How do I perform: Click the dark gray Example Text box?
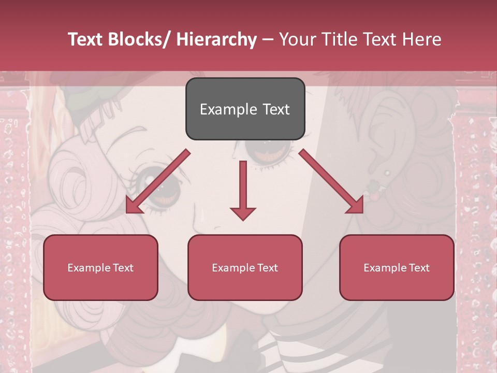tap(245, 109)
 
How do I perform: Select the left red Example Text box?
tap(100, 267)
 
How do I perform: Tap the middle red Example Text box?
tap(245, 267)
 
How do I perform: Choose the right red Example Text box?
tap(397, 267)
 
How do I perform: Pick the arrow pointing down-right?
tap(332, 182)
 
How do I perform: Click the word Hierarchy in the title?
tap(216, 39)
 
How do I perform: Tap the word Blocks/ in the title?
tap(143, 39)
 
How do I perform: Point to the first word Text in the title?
tap(86, 39)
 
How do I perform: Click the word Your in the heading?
tap(297, 39)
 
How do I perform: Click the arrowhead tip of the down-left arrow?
tap(128, 211)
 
